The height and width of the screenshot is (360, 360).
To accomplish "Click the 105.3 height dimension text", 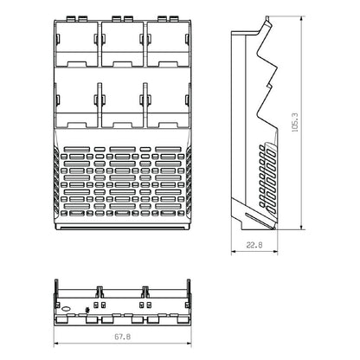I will (x=295, y=126).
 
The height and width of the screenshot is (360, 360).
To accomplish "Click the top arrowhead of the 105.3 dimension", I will (x=302, y=21).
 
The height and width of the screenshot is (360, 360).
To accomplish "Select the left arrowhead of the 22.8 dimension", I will (x=235, y=252).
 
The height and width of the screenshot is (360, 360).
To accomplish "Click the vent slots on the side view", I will (x=263, y=173).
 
